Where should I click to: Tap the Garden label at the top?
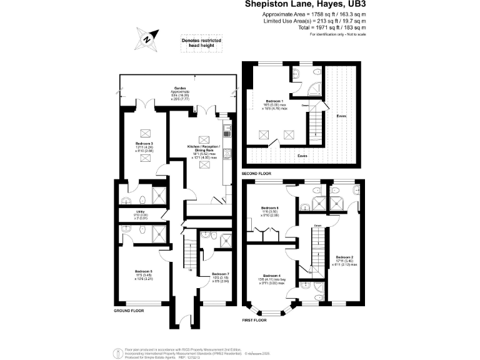coord(180,88)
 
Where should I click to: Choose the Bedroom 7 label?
coord(221,274)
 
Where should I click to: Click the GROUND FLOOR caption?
coord(129,310)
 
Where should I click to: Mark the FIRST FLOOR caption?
coord(254,319)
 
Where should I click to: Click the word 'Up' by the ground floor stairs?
coord(191,270)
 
